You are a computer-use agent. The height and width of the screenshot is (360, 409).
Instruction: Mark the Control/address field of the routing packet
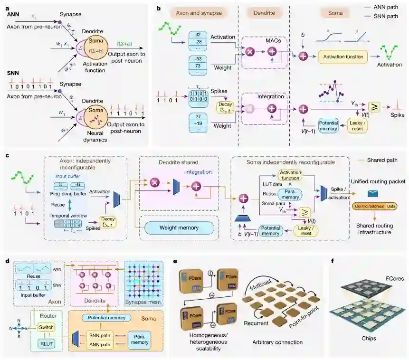(x=369, y=206)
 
